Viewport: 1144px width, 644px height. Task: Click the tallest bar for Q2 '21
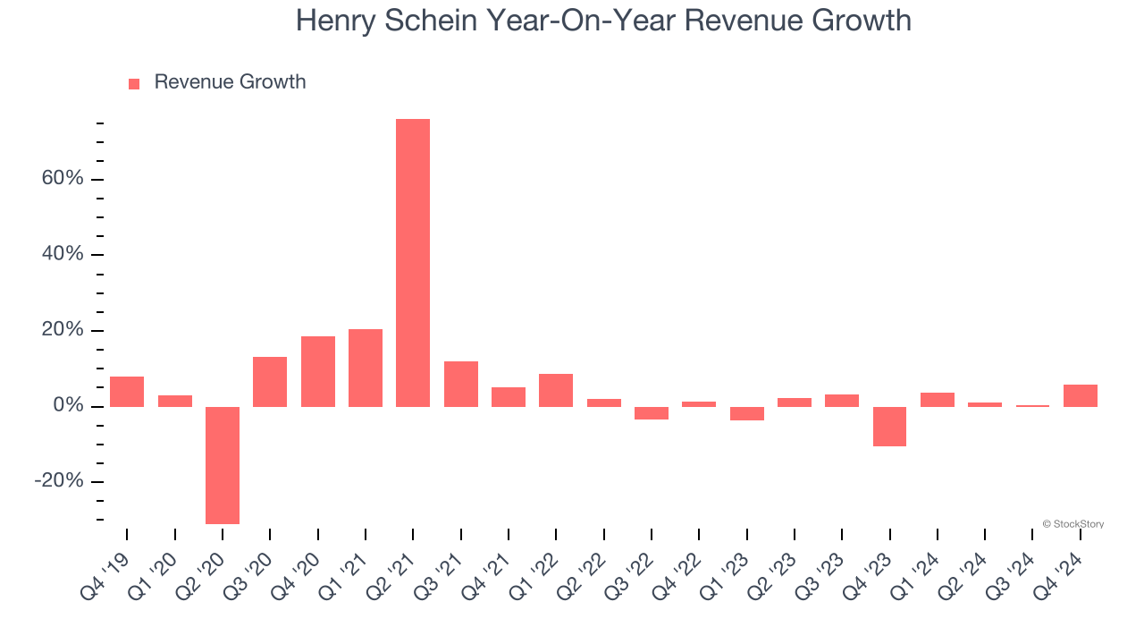coord(413,263)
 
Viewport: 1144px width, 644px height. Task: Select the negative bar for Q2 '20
coord(223,465)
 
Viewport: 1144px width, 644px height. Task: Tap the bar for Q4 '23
coord(889,427)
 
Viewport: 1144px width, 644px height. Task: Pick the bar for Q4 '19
coord(127,392)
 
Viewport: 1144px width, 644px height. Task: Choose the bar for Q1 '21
coord(366,368)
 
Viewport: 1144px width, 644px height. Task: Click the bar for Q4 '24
coord(1080,395)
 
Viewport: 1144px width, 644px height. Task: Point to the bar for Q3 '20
coord(270,382)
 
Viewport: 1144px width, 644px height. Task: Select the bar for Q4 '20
coord(318,371)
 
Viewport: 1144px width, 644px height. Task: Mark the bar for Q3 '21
coord(461,384)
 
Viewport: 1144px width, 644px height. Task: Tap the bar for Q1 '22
coord(556,390)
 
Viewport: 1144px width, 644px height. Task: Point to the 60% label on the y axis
coord(63,179)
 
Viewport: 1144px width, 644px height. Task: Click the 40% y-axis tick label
coord(63,255)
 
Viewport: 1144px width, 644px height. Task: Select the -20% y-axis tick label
coord(59,482)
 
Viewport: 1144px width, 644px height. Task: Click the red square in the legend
coord(134,83)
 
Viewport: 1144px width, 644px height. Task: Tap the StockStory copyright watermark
coord(1072,524)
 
